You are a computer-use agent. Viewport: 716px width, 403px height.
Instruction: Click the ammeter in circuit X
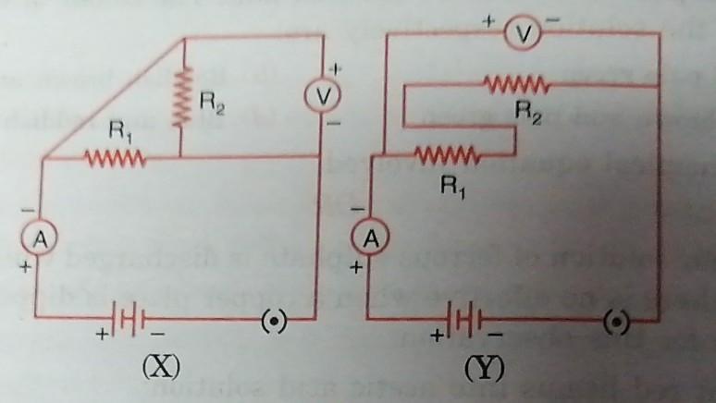40,238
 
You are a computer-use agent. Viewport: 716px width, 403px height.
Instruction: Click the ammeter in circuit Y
370,238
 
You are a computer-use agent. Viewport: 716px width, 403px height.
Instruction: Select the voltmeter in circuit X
323,96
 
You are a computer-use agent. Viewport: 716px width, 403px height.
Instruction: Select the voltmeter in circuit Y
523,34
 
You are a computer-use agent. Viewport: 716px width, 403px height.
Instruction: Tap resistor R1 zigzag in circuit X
115,158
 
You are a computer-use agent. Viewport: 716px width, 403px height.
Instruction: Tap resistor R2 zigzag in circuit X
182,96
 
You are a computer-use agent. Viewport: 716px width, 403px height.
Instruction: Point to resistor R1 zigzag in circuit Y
447,154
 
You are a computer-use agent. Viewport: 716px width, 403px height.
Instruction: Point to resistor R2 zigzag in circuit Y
516,84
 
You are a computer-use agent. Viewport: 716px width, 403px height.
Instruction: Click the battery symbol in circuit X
128,318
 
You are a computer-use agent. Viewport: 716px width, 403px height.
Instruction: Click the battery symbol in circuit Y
465,319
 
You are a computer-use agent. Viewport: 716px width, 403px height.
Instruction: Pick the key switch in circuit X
274,321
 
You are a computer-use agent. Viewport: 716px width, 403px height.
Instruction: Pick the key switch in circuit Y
616,322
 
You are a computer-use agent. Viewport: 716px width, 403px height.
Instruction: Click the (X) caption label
161,366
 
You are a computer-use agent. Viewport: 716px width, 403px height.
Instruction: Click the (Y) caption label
485,368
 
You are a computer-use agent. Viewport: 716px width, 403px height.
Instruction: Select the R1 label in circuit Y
452,187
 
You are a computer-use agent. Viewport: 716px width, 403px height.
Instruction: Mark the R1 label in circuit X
120,133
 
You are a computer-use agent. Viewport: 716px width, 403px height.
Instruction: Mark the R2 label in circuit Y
528,112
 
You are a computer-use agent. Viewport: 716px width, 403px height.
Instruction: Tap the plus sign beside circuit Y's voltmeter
489,21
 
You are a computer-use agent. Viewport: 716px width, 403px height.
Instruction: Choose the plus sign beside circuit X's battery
103,335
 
